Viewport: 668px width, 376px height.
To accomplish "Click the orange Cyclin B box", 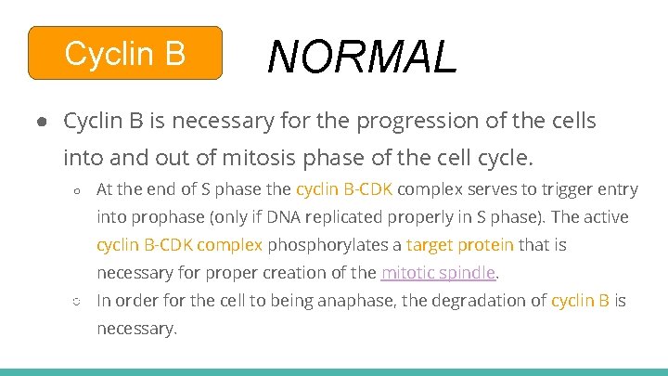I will click(125, 54).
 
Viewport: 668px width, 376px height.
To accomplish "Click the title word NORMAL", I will click(363, 57).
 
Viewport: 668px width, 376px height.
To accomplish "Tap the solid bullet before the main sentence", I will click(43, 122).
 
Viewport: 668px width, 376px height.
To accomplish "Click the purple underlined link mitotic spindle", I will click(439, 273).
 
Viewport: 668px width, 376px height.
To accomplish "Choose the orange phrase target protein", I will click(459, 245).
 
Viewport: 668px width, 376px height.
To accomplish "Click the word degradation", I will click(471, 301).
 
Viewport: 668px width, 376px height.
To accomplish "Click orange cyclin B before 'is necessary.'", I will click(580, 301).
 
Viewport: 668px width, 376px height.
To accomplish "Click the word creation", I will click(281, 273).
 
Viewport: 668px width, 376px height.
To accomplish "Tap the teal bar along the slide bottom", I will click(334, 371).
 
